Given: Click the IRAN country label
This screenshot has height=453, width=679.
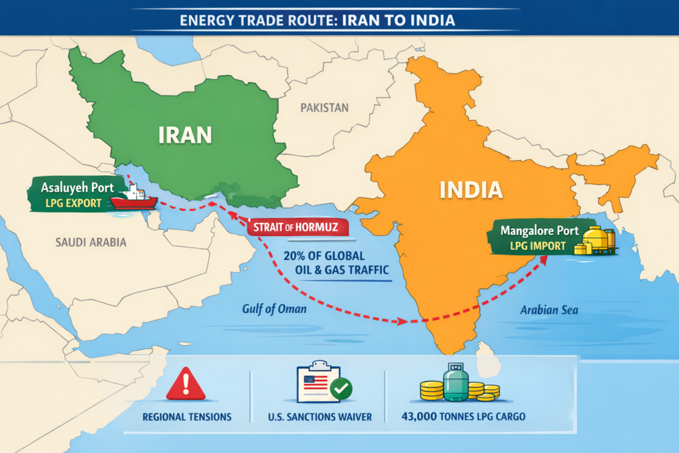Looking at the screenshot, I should (186, 135).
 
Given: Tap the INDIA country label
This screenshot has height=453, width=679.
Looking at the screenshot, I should (471, 190).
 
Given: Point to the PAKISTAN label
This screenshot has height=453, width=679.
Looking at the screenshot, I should (324, 107).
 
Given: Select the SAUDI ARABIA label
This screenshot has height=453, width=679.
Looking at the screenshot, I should (92, 242).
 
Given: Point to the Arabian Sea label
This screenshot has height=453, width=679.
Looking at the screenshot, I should (548, 310).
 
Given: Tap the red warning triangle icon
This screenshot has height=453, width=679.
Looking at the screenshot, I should (185, 384).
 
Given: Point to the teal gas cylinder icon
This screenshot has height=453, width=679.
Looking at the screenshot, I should (456, 383).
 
